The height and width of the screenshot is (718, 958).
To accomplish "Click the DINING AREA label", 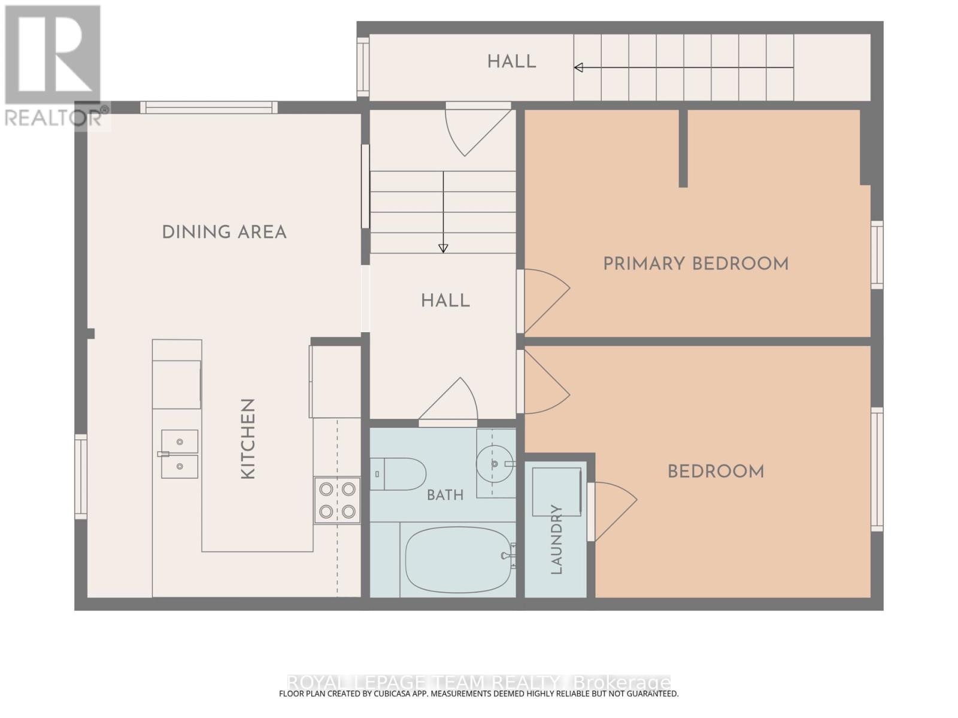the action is pyautogui.click(x=225, y=232).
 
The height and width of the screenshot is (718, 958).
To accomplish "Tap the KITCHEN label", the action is pyautogui.click(x=248, y=439).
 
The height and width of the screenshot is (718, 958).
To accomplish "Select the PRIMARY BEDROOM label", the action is pyautogui.click(x=696, y=264).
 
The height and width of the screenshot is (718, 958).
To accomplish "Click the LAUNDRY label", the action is pyautogui.click(x=556, y=539).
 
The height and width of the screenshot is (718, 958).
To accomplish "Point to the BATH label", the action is pyautogui.click(x=445, y=495).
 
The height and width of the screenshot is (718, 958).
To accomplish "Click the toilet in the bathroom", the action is pyautogui.click(x=398, y=474).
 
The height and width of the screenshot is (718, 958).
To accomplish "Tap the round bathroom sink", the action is pyautogui.click(x=495, y=463).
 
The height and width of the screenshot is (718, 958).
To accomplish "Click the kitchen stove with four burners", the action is pyautogui.click(x=337, y=500).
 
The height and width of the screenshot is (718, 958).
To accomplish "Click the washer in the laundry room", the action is pyautogui.click(x=557, y=491).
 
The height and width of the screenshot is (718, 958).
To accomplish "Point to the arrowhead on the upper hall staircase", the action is pyautogui.click(x=579, y=68).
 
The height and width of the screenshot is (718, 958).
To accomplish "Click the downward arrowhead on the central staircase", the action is pyautogui.click(x=443, y=248).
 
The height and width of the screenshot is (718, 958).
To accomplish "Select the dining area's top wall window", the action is pyautogui.click(x=208, y=107).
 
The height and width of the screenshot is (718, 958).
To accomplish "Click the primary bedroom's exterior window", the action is pyautogui.click(x=877, y=255).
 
